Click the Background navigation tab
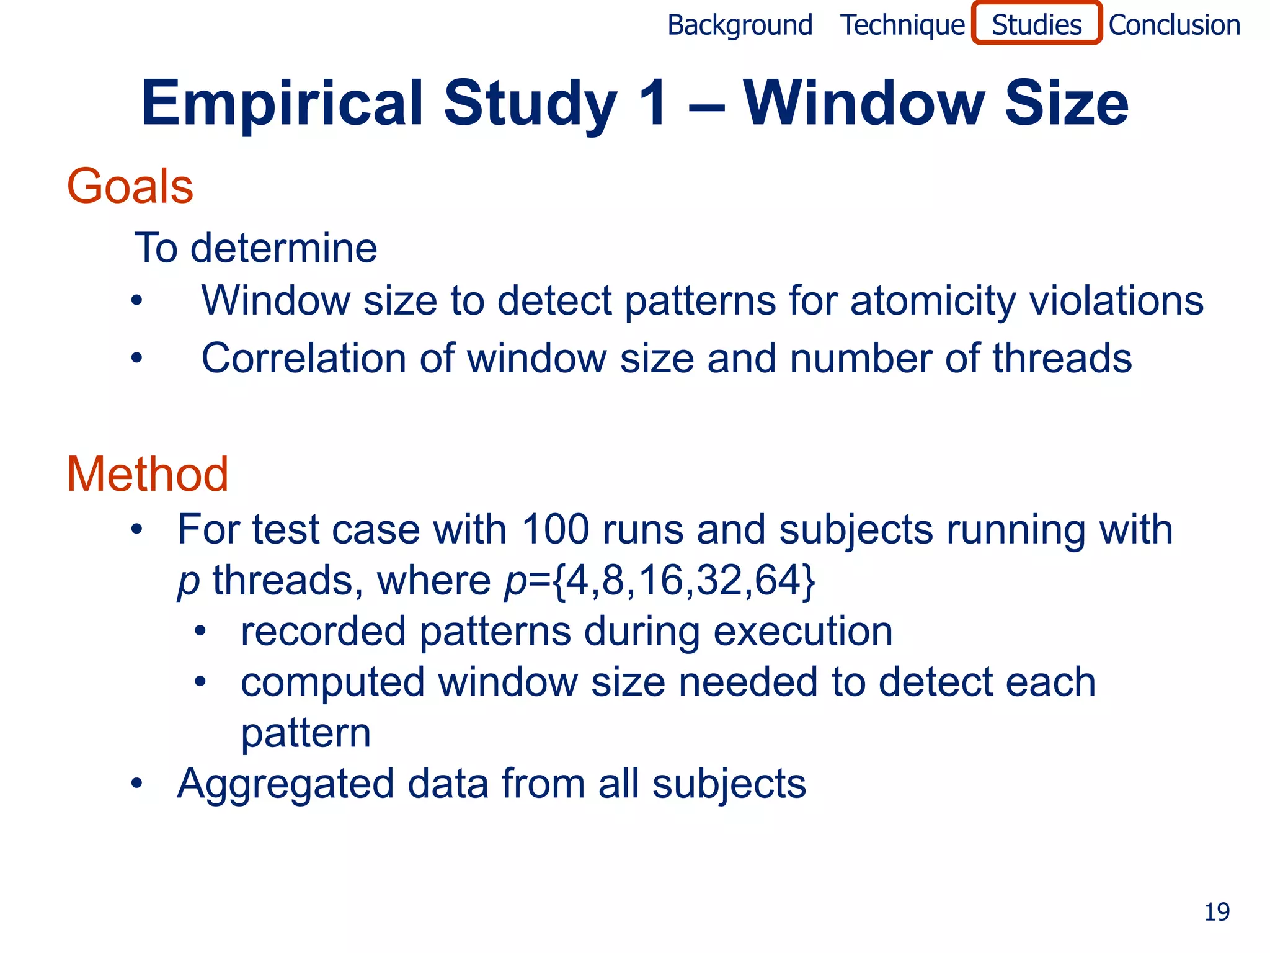[x=740, y=25]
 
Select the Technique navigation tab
[x=902, y=25]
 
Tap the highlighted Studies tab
[x=1036, y=25]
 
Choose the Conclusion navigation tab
[x=1174, y=25]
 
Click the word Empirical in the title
[x=283, y=103]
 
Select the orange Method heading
[x=148, y=475]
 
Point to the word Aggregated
[x=285, y=784]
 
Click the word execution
[x=802, y=632]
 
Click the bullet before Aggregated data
[x=136, y=784]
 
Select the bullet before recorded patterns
[x=200, y=632]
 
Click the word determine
[x=283, y=248]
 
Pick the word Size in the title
[x=1066, y=103]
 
